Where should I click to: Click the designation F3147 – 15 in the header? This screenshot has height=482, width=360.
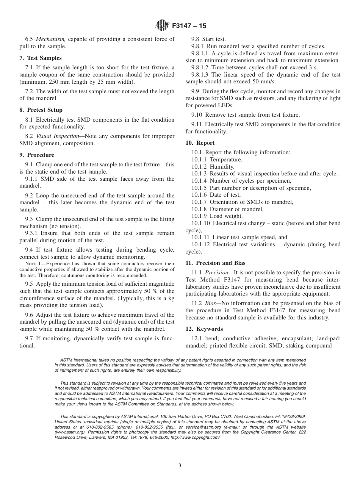[x=189, y=26]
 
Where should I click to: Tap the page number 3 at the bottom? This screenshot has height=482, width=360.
[x=180, y=466]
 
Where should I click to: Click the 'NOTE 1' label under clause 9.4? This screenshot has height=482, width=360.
[x=33, y=264]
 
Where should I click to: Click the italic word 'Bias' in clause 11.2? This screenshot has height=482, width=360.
[x=211, y=303]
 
